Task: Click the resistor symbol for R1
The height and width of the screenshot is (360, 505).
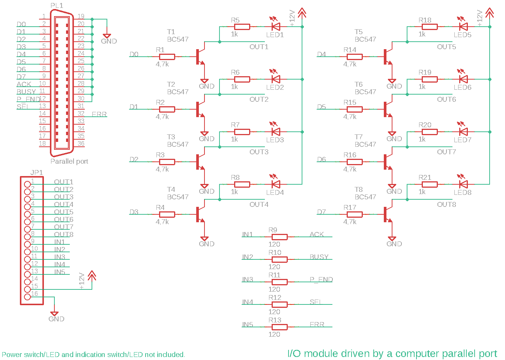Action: (x=167, y=57)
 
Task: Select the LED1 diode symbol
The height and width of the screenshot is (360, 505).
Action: (x=276, y=27)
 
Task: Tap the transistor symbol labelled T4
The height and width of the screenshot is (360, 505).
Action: (x=200, y=214)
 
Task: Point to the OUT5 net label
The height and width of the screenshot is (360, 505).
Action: (x=446, y=47)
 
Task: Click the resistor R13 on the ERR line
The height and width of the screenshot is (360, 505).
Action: (x=280, y=327)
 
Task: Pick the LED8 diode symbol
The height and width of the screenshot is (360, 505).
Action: (x=463, y=184)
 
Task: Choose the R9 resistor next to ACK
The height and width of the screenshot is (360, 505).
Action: (x=280, y=237)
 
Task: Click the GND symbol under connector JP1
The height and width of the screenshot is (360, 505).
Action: (x=54, y=313)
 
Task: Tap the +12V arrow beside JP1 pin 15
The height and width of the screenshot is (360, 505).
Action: (x=92, y=276)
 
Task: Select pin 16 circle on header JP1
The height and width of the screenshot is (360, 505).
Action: (x=27, y=297)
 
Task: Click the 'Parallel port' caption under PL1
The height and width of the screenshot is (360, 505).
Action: (x=69, y=161)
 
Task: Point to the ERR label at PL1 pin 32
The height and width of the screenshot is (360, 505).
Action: (x=99, y=114)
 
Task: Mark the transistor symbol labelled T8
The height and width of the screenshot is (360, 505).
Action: (x=388, y=214)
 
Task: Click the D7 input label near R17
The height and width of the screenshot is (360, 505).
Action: (x=322, y=212)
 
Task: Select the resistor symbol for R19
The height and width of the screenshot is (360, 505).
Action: (x=430, y=79)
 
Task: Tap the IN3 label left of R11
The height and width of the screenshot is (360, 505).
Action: (x=248, y=280)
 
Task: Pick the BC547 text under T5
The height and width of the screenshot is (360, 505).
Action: (x=365, y=39)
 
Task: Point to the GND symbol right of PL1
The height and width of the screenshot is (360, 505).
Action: (x=107, y=36)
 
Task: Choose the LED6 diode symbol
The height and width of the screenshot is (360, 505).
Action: (x=463, y=79)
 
